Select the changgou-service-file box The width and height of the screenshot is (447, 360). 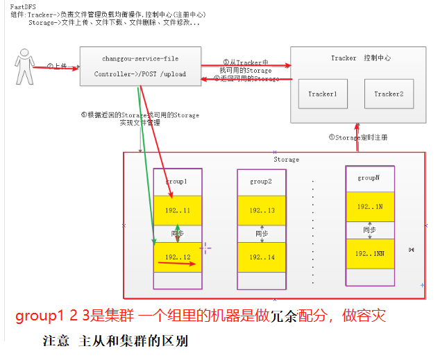point(140,66)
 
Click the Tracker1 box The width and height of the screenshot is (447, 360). point(322,94)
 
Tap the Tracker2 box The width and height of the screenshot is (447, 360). point(388,94)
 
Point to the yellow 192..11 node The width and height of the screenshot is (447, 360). point(178,210)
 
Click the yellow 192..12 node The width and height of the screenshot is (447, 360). point(178,257)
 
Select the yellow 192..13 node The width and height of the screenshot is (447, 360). point(262,210)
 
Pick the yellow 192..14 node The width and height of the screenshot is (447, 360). point(262,257)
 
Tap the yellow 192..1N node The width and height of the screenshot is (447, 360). point(370,207)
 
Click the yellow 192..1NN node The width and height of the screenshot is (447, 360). point(370,253)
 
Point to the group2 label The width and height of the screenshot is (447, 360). point(260,181)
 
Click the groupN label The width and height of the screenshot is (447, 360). point(369,178)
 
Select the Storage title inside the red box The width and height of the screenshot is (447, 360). point(286,160)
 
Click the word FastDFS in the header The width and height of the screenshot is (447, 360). point(24,6)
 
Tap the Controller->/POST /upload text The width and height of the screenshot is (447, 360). point(140,74)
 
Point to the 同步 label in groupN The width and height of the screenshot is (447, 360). point(369,230)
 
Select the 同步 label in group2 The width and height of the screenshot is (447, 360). point(261,234)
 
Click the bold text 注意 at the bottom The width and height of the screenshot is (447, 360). point(56,341)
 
